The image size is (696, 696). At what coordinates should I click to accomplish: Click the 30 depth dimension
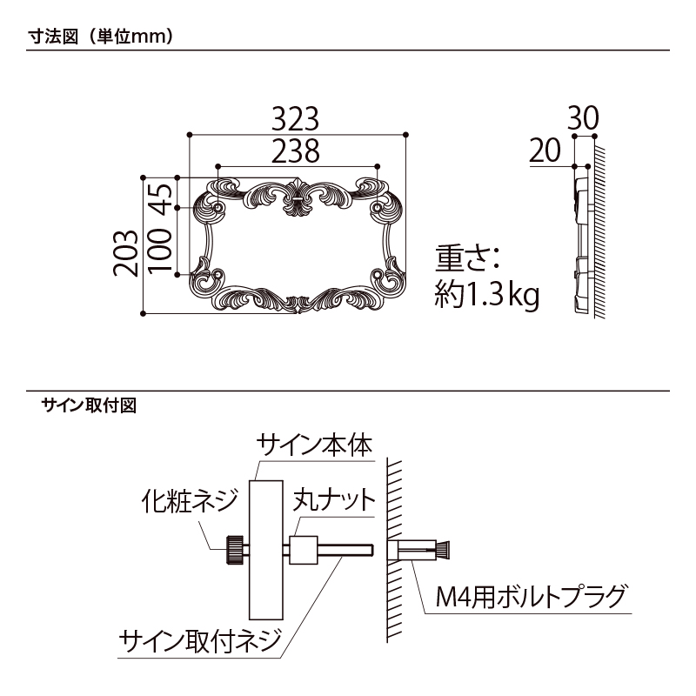point(583,118)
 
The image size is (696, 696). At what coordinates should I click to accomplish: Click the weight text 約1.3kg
point(487,296)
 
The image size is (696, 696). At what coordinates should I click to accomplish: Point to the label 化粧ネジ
point(188,501)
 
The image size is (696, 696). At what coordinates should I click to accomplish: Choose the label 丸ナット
point(333,502)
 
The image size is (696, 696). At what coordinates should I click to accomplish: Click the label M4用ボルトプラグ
point(531,599)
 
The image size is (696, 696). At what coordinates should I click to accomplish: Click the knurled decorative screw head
point(235,550)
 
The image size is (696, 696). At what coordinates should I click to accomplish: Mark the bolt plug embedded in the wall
point(423,550)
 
